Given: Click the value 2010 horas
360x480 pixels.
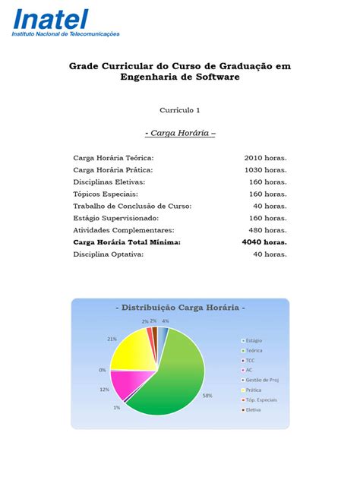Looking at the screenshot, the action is pos(265,158).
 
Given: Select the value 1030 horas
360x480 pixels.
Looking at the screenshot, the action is pos(265,170).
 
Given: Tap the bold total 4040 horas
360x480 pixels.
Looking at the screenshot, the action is pos(264,242).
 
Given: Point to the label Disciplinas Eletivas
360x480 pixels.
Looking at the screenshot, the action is pos(109,182).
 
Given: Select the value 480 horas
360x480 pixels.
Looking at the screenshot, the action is pos(267,230).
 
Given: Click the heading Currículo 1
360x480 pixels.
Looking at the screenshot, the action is pos(180,110).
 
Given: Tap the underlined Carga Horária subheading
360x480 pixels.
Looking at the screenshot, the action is pos(180,133).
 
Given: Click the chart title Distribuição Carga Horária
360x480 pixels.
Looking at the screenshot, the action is pos(180,308).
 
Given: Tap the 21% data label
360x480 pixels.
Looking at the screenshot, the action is pos(112,339).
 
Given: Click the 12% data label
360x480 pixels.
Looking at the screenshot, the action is pos(103,390).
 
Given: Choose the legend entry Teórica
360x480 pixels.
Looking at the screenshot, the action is pos(253,352).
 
